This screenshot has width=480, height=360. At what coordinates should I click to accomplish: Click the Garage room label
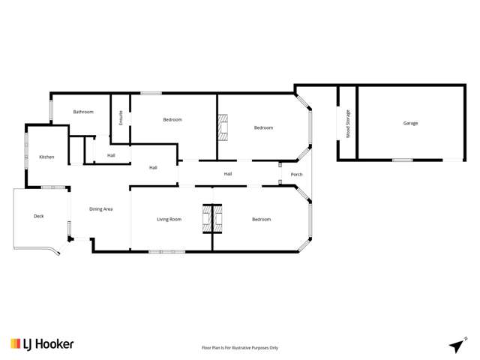point(410,123)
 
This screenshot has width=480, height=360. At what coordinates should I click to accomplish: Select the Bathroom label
point(83,112)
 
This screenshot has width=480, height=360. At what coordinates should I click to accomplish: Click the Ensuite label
point(121,118)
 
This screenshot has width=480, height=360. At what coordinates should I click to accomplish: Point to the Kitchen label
point(46,157)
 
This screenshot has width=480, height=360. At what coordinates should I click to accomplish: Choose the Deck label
point(39,216)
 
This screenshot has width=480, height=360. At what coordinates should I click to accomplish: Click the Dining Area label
point(101,208)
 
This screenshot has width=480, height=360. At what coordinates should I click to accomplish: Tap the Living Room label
point(169,219)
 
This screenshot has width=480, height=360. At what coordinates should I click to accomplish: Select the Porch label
point(296,175)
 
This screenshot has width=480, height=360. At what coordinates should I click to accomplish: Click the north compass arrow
point(456,345)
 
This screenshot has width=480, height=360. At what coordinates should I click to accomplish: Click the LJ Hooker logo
point(42,344)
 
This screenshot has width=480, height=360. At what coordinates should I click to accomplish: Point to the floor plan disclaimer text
point(240,347)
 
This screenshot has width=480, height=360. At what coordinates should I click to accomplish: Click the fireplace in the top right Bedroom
point(222,127)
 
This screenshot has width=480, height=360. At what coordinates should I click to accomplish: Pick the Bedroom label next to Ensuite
point(172,120)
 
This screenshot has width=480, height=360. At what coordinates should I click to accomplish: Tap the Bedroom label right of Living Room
point(261,219)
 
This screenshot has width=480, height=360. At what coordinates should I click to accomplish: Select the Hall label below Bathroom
point(111,155)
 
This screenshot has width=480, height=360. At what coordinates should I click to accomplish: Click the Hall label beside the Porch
point(227,174)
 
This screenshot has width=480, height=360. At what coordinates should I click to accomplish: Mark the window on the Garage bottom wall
point(403,160)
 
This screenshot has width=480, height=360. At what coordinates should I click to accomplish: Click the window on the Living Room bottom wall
point(166,251)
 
